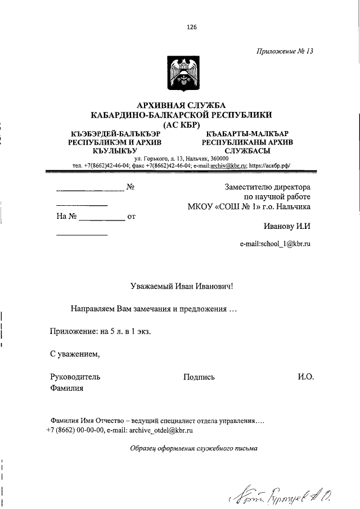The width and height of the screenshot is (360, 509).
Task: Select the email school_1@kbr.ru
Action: click(x=275, y=244)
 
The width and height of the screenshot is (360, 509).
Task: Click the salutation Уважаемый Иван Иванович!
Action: click(x=178, y=286)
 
